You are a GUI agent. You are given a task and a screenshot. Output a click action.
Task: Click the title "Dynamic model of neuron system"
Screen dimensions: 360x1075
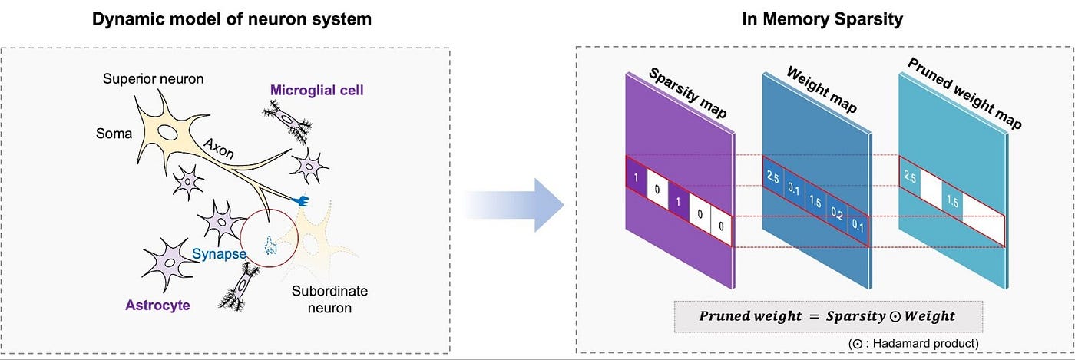pyautogui.click(x=232, y=19)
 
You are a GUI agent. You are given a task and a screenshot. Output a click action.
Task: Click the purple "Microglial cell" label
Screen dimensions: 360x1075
pyautogui.click(x=316, y=91)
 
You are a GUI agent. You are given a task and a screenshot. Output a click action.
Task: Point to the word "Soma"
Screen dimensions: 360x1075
pyautogui.click(x=114, y=134)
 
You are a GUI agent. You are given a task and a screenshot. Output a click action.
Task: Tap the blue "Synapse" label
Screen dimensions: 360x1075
pyautogui.click(x=219, y=254)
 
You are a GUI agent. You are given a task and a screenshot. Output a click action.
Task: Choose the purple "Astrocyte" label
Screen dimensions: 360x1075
pyautogui.click(x=157, y=306)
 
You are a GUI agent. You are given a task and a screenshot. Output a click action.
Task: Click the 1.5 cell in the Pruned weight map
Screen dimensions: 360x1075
pyautogui.click(x=953, y=201)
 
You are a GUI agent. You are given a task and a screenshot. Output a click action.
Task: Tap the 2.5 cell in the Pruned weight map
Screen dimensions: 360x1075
pyautogui.click(x=911, y=178)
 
